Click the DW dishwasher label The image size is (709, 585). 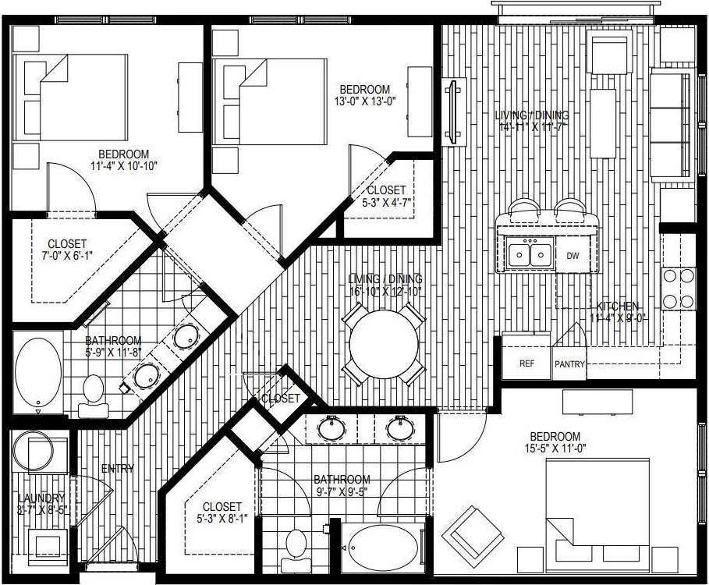coord(573,256)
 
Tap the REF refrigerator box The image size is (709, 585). coord(526,363)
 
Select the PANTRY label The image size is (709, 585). coord(569,364)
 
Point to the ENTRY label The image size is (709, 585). coord(118,469)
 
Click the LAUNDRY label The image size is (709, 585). coord(43,498)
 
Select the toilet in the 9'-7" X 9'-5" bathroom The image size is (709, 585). coord(297,544)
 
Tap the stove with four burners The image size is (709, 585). coord(678,288)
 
